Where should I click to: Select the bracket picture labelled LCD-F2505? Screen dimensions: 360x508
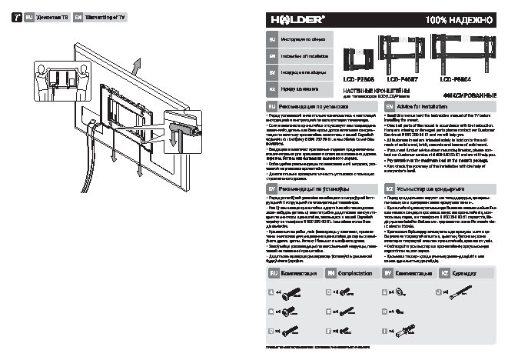357,57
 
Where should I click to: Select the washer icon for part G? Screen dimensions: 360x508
401,293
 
